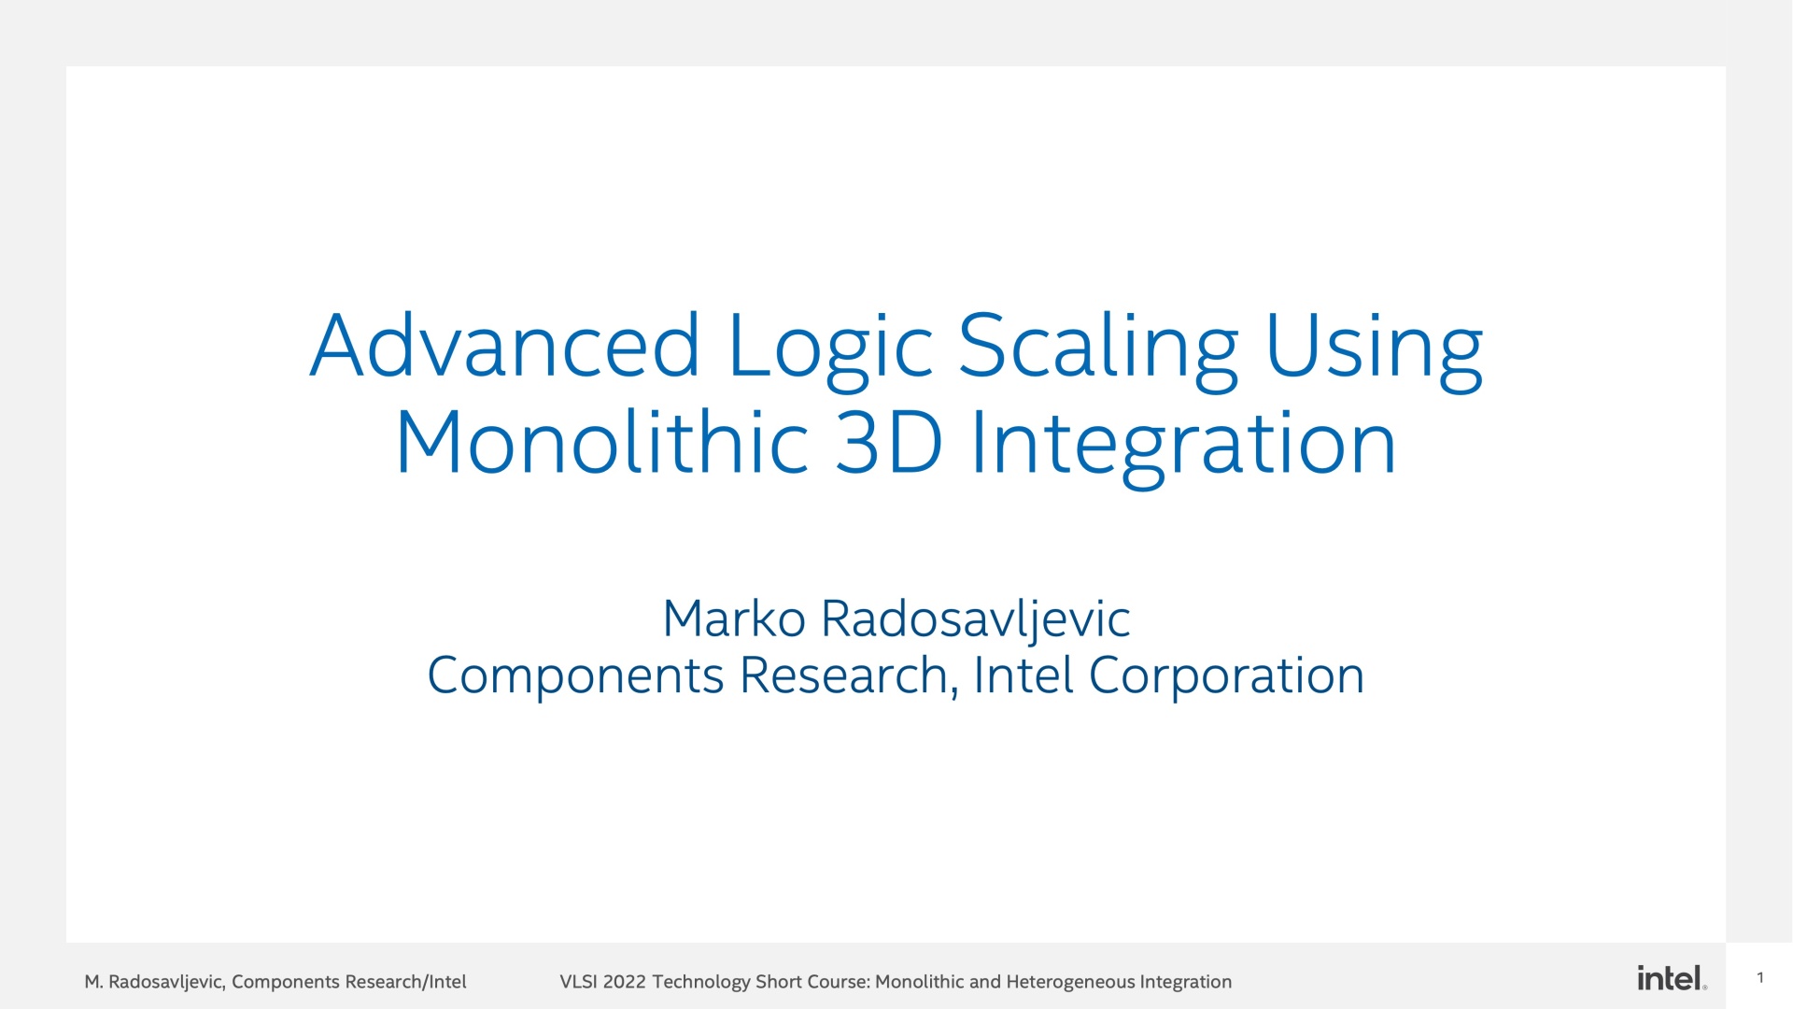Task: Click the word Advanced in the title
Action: click(x=505, y=345)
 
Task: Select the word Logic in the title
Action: click(x=830, y=350)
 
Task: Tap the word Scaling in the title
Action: click(x=1098, y=350)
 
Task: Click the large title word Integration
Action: click(x=1183, y=446)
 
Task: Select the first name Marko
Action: click(x=734, y=618)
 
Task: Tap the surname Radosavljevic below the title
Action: click(x=976, y=621)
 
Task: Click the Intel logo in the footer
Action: click(x=1672, y=978)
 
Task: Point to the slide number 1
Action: click(x=1760, y=978)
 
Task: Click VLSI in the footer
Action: click(x=578, y=982)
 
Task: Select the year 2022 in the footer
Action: click(x=625, y=982)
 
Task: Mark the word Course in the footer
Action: click(x=839, y=982)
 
